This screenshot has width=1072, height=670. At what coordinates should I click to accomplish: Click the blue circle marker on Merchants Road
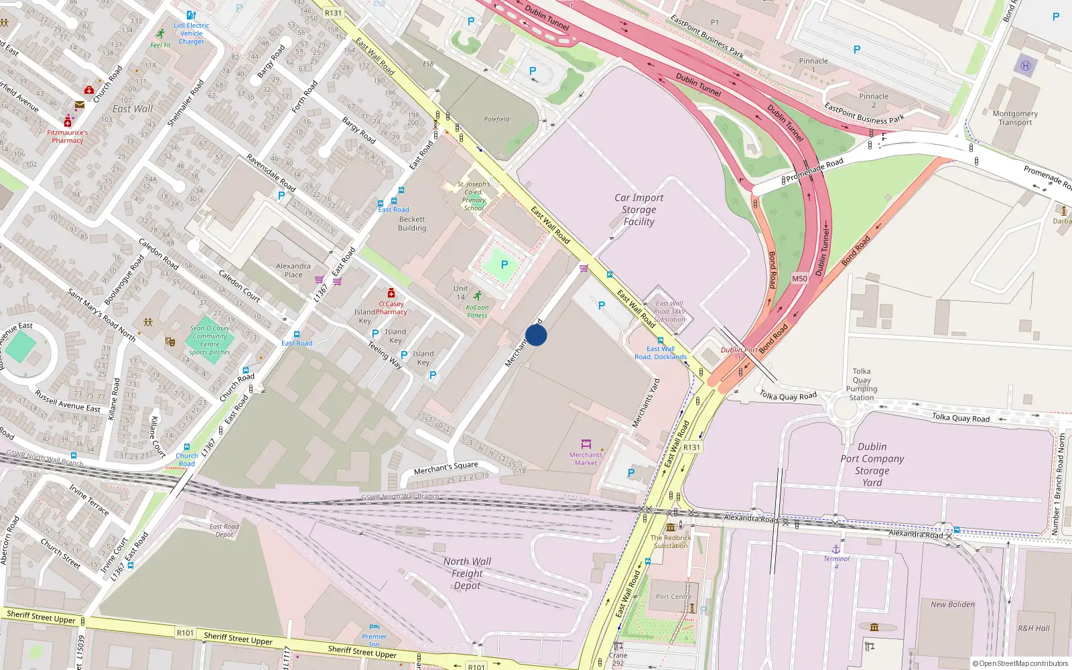pos(536,335)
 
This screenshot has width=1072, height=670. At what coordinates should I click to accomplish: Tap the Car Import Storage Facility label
pos(639,210)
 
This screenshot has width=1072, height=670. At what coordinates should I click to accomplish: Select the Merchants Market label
pos(586,459)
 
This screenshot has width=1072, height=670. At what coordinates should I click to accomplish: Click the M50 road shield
pos(799,279)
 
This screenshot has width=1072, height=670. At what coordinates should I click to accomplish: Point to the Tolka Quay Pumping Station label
pos(862,384)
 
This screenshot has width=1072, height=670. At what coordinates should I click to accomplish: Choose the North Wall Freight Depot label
pos(467,574)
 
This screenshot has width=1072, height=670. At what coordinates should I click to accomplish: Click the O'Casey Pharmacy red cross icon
pos(391,293)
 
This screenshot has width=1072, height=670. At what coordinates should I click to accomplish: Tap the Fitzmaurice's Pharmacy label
pos(67,137)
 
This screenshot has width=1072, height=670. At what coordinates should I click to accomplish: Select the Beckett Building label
pos(412,224)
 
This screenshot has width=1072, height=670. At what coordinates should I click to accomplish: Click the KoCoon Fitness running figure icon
pos(477,296)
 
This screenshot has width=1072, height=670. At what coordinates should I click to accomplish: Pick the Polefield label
pos(496,119)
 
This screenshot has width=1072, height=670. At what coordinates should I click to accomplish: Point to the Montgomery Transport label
pos(1015,118)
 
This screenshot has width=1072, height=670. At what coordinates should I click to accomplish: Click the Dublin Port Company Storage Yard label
pos(872,464)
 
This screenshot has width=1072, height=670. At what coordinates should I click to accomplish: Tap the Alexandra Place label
pos(293,270)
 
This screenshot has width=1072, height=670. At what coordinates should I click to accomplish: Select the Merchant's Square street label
pos(446,468)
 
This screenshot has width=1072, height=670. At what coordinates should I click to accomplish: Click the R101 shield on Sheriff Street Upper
pos(186,632)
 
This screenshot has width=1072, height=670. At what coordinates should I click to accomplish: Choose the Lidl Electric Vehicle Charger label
pos(192,33)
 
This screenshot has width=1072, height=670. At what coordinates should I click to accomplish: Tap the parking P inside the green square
pos(505,265)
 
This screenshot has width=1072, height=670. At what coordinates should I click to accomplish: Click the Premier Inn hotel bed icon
pos(375,626)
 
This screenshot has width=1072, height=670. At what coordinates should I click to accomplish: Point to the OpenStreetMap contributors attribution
pos(1020,663)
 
